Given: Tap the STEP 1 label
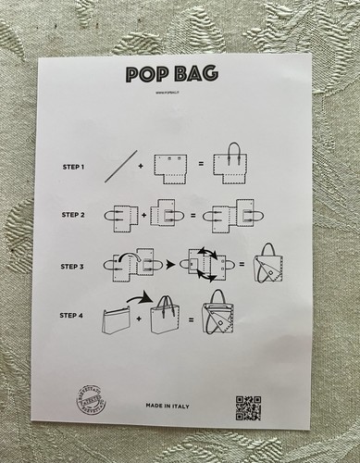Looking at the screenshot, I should pyautogui.click(x=74, y=168).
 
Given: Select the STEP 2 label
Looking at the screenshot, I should pyautogui.click(x=74, y=215).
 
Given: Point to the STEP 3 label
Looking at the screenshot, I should pyautogui.click(x=74, y=266).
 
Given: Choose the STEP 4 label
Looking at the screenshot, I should pyautogui.click(x=74, y=317).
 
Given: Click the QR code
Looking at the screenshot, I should pyautogui.click(x=247, y=407).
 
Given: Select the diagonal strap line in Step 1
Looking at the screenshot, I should pyautogui.click(x=120, y=167).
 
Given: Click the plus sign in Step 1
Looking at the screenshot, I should pyautogui.click(x=142, y=168).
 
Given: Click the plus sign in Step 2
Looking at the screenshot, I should pyautogui.click(x=144, y=215).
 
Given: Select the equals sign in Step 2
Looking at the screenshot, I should pyautogui.click(x=193, y=215).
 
